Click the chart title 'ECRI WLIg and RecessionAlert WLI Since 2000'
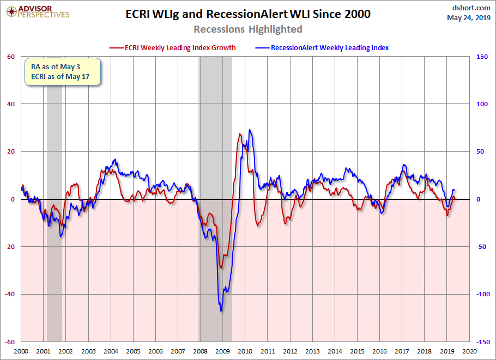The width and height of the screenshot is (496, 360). click(248, 14)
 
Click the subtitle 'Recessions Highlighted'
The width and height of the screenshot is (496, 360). click(248, 29)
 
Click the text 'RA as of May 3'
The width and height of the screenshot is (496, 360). click(55, 66)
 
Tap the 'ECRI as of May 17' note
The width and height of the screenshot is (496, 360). click(59, 77)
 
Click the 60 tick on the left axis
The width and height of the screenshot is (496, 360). click(11, 56)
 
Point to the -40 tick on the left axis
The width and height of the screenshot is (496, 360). click(10, 295)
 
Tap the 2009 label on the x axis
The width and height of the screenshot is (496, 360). click(222, 352)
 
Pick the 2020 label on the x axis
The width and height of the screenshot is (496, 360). click(468, 352)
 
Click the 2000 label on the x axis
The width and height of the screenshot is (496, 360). click(21, 352)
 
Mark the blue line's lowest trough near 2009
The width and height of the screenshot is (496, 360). click(221, 311)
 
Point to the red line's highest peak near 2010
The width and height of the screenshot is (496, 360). click(240, 133)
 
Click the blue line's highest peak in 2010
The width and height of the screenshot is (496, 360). click(250, 130)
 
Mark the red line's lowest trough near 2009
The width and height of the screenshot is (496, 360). click(221, 267)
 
